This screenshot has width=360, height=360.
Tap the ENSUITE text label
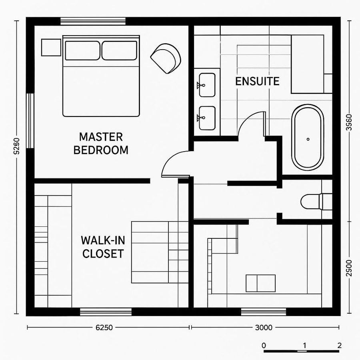[257, 81]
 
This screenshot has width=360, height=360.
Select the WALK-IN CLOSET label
[102, 247]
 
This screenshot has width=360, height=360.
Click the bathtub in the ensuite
[308, 137]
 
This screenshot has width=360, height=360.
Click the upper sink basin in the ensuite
[207, 85]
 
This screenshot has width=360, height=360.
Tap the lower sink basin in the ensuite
[207, 118]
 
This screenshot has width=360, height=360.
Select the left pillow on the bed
[82, 50]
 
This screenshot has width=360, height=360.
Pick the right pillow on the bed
[119, 50]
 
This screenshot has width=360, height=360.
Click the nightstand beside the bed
[51, 48]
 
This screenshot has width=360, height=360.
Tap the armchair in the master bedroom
[165, 58]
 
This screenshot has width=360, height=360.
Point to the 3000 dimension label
[263, 328]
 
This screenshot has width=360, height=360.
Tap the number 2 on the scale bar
[339, 345]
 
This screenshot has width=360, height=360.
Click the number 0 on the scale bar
[264, 345]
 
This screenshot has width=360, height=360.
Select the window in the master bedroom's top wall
[93, 21]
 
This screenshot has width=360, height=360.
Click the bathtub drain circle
[308, 139]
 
